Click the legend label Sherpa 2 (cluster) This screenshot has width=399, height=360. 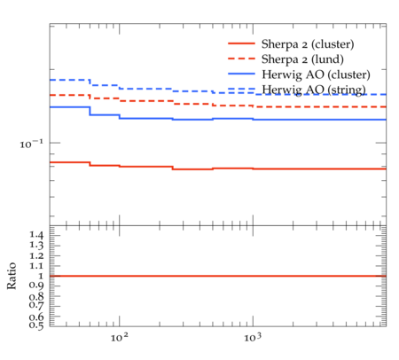(308, 44)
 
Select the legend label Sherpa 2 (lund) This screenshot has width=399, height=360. (302, 59)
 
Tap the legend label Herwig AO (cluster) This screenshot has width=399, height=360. (316, 74)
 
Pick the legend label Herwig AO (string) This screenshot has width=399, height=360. (314, 90)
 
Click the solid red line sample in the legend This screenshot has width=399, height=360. (241, 43)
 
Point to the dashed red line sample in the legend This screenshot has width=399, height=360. (241, 59)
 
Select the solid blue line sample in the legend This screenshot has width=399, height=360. (241, 74)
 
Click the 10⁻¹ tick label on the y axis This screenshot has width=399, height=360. (32, 144)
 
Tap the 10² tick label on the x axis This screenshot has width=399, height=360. (120, 338)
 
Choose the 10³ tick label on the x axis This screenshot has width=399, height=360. (253, 338)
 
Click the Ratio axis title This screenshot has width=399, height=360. (12, 276)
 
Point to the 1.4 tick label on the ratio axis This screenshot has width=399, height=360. (36, 235)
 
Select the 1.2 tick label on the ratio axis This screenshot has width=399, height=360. (36, 255)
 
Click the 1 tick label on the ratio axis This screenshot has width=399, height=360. (41, 276)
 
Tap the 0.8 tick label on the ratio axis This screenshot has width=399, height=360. (36, 296)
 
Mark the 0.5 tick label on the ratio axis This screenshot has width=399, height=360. (36, 325)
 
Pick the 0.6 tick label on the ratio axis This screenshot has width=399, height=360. (36, 317)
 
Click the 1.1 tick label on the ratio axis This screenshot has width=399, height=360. (36, 266)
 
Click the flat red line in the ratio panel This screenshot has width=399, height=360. (218, 276)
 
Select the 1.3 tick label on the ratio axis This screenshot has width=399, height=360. (36, 245)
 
